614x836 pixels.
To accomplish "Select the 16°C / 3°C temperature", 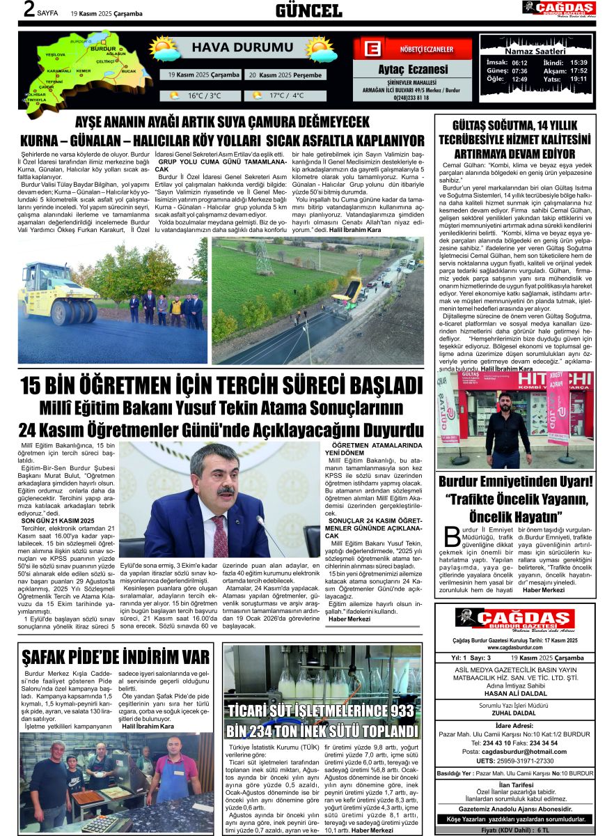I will (202, 95).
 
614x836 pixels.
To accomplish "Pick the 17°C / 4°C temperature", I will (286, 95).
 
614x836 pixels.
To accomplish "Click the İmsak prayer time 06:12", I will (519, 63).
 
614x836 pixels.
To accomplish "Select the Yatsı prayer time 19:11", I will (578, 79).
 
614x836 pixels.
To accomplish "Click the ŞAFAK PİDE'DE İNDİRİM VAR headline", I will (116, 657).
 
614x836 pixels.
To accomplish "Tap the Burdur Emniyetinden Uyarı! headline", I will (514, 481).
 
